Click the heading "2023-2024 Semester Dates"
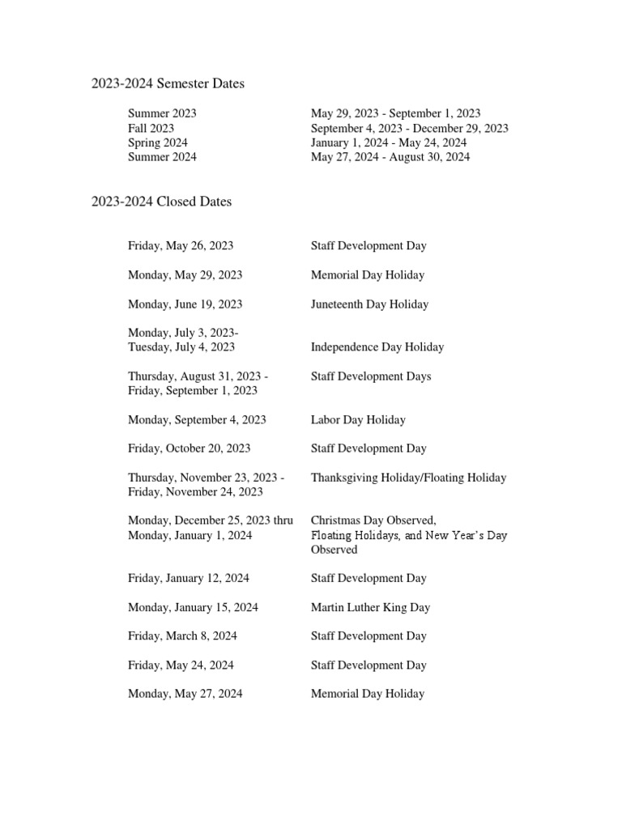(x=168, y=83)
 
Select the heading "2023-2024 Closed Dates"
(x=161, y=202)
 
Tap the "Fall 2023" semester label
(x=151, y=128)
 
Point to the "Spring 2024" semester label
(x=158, y=142)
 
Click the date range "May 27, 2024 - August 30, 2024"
(x=390, y=157)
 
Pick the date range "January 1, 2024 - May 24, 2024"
(x=389, y=142)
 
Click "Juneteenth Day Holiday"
(x=369, y=304)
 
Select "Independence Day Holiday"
(x=377, y=347)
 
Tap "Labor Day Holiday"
(x=358, y=420)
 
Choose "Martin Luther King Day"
(x=370, y=607)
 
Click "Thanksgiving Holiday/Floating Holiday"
(x=408, y=478)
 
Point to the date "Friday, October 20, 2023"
(x=189, y=449)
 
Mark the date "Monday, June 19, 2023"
(x=185, y=304)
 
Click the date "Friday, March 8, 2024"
(x=182, y=636)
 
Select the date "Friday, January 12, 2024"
(x=188, y=578)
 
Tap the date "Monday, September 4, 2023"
(x=197, y=420)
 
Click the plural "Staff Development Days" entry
(x=371, y=376)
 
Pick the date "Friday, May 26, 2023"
(x=181, y=245)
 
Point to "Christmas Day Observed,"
(x=373, y=521)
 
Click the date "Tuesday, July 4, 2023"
(x=181, y=347)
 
